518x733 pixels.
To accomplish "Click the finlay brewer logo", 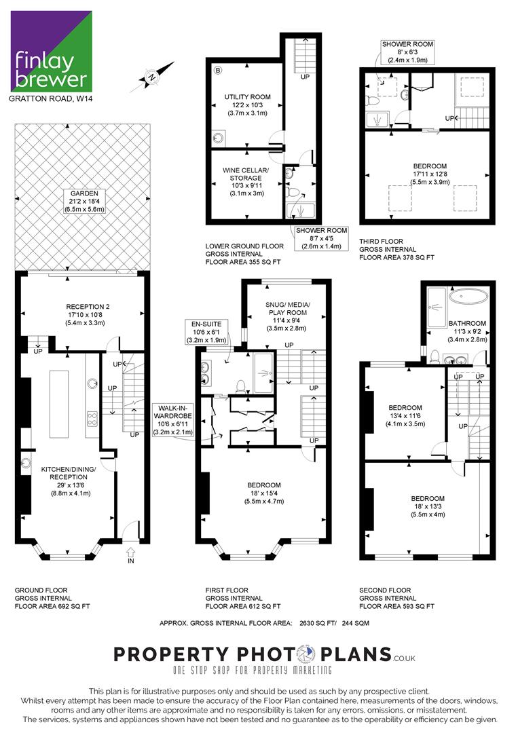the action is pos(52,52).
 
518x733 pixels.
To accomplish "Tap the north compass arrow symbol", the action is pos(152,77).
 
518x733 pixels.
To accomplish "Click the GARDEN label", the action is pos(85,193).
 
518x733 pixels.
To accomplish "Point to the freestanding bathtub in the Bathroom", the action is pos(468,297).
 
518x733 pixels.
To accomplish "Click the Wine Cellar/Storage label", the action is pos(246,174).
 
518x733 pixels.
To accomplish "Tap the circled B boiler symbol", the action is pos(218,71).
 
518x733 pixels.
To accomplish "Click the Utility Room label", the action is pos(247,97).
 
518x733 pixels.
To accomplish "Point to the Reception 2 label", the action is pos(88,307).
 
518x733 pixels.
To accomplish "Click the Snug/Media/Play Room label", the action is pos(288,309).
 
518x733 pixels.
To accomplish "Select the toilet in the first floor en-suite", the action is pos(241,386).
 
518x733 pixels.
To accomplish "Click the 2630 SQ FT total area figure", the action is pos(318,623).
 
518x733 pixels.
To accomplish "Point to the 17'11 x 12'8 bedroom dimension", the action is pos(430,174).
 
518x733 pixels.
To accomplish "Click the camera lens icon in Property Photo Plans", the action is pos(307,654).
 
